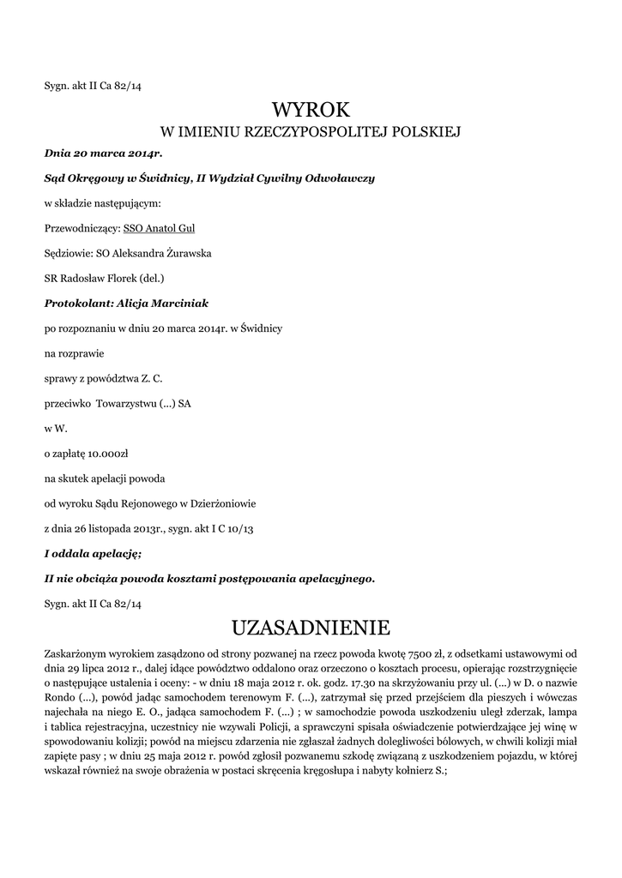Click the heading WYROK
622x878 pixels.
311,110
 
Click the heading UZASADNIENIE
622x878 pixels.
311,628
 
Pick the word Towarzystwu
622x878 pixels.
129,403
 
